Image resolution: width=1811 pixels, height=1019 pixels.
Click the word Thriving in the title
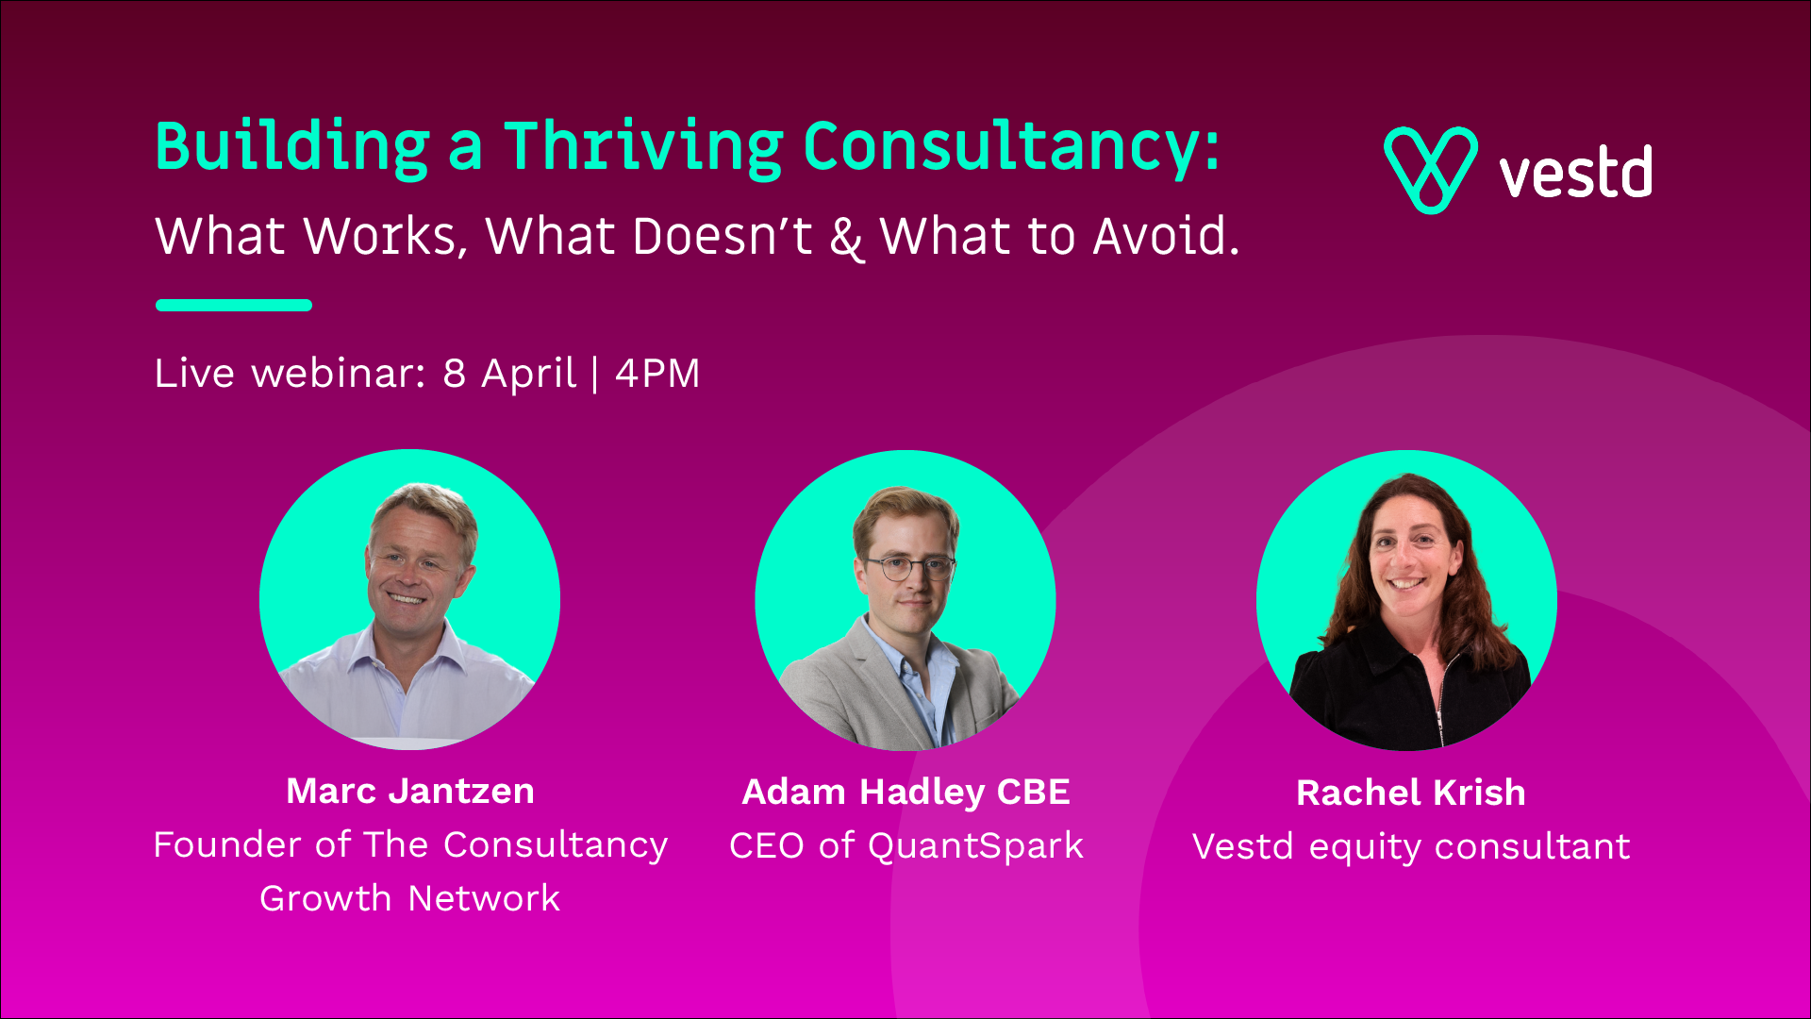point(643,147)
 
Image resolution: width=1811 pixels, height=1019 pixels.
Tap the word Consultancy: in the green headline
point(1012,147)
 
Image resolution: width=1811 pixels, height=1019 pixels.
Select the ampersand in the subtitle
point(846,237)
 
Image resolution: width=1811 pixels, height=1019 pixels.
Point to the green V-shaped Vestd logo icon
point(1430,170)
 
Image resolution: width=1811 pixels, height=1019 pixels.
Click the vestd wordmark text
point(1575,172)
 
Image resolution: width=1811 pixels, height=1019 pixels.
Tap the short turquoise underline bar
point(234,305)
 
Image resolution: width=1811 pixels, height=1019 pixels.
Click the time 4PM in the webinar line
point(657,374)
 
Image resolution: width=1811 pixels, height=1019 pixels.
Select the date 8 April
point(509,375)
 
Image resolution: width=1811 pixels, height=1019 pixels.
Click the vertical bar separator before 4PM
point(595,375)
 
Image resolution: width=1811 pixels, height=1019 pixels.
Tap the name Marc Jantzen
point(410,791)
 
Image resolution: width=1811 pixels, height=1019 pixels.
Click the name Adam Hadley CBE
point(906,793)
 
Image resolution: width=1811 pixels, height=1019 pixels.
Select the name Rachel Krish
point(1411,793)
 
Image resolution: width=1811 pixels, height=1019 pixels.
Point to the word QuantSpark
point(975,846)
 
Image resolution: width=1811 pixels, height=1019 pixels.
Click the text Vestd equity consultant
point(1411,846)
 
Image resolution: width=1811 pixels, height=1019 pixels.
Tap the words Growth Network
point(410,898)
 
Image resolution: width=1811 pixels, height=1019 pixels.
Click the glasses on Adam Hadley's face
point(910,568)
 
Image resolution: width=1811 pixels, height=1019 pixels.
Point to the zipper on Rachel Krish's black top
point(1441,698)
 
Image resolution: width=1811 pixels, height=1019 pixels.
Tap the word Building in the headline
point(292,147)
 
